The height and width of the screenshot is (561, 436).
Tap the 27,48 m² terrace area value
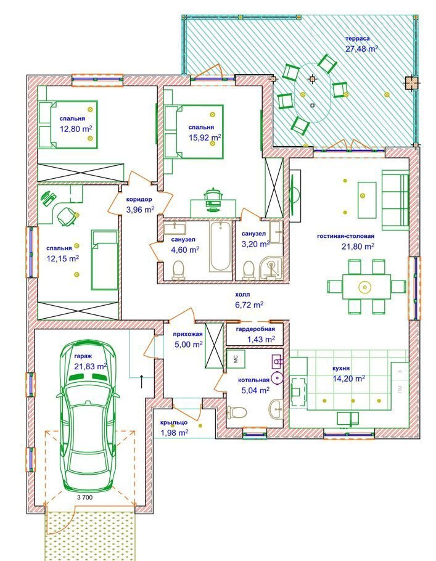point(362,49)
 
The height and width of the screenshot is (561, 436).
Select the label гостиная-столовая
point(345,236)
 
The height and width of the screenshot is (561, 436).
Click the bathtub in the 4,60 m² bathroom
point(220,247)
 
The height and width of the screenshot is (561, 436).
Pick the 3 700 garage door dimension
point(85,498)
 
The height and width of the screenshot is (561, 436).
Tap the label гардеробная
point(255,329)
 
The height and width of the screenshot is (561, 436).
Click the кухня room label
point(341,368)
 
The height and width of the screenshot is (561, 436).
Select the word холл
point(242,295)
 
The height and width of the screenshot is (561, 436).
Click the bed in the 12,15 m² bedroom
point(104,260)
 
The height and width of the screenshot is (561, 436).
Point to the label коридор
point(139,199)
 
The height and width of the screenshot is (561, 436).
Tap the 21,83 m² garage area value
point(91,366)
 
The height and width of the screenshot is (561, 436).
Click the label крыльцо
point(174,422)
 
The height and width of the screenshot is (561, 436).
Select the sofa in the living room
point(395,200)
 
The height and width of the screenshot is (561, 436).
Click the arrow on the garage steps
point(142,382)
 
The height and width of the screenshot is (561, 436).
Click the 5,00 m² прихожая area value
point(189,345)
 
